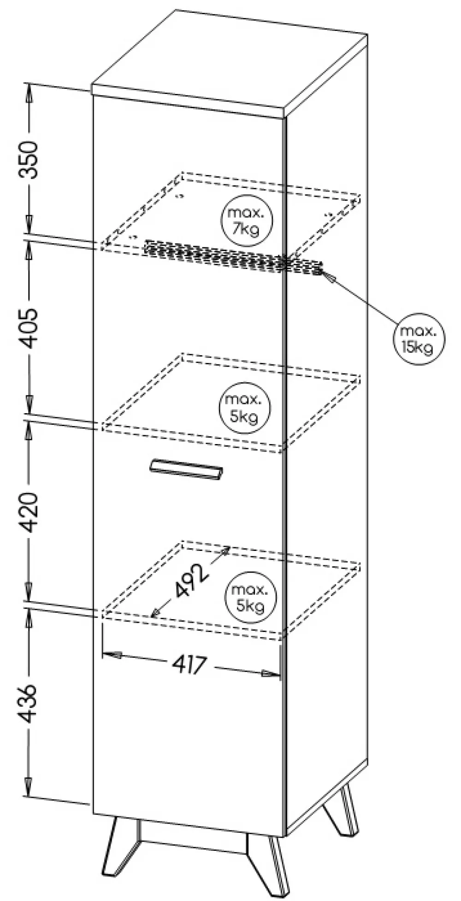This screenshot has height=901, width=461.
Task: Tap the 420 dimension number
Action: coord(29,512)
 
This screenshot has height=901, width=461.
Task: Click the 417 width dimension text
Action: coord(189,665)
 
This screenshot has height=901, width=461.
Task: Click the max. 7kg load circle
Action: coord(247,221)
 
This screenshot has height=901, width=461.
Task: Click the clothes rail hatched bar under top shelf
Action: coord(230,257)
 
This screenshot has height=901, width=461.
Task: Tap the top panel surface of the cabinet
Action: coord(230,62)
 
